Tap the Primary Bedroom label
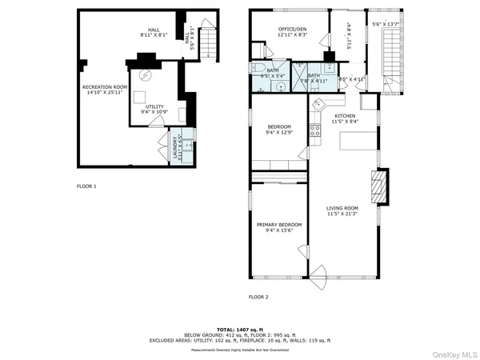click(x=279, y=225)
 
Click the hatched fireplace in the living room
click(x=382, y=186)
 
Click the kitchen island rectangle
click(x=358, y=141)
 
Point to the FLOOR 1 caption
click(x=86, y=186)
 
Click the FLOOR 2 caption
click(x=258, y=297)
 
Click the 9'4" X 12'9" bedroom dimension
click(x=279, y=132)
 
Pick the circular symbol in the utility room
click(x=146, y=75)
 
